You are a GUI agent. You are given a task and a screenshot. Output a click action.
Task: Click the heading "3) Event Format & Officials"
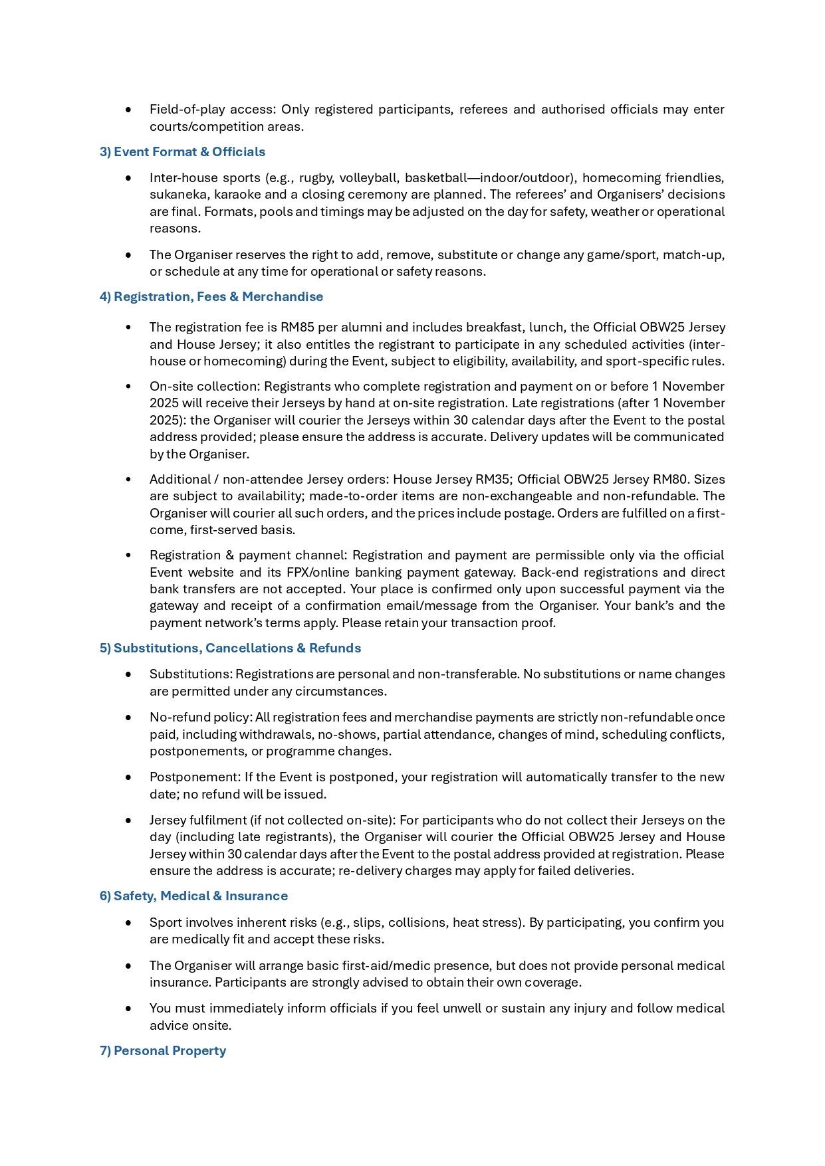tap(182, 151)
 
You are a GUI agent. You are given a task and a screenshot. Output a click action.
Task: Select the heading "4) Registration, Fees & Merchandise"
tap(211, 296)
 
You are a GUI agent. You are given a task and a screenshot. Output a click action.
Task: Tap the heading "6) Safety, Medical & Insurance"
tap(193, 896)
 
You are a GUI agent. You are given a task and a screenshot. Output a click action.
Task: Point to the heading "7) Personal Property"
tap(163, 1050)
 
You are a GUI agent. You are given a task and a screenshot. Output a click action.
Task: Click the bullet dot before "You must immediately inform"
tap(128, 1009)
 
